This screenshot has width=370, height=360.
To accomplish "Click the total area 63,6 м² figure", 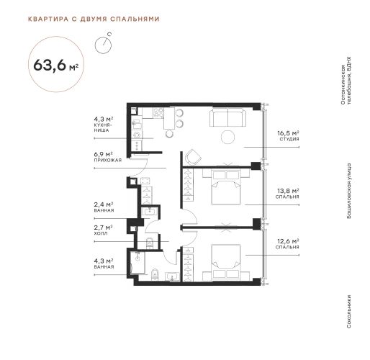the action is [x=56, y=65].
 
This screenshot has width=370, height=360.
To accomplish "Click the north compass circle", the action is [x=103, y=45].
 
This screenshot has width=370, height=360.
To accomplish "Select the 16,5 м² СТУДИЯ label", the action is [x=288, y=135].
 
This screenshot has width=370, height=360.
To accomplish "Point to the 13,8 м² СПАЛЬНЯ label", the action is [x=288, y=194].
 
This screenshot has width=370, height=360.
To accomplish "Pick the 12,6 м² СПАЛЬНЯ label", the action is [x=287, y=243].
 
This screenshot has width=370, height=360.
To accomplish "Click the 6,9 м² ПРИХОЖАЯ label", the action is [x=108, y=157].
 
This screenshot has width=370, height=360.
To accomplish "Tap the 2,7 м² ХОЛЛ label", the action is [x=104, y=230].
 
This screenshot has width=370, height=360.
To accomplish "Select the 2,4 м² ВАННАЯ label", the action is [x=104, y=207].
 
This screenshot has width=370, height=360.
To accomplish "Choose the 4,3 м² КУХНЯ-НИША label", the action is [x=104, y=125].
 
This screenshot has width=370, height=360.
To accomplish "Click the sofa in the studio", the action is [x=228, y=117].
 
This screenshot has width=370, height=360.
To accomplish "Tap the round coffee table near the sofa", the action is [x=227, y=138].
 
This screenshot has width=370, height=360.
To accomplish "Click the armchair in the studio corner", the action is [x=194, y=157].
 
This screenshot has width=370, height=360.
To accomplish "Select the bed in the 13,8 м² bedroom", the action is [x=226, y=187].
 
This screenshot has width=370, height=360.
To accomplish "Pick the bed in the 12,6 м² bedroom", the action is [x=226, y=262].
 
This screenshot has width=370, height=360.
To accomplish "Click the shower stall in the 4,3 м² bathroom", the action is [x=137, y=262].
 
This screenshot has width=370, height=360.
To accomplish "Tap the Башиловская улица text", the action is [x=349, y=191].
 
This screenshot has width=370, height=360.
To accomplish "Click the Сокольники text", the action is [x=349, y=311].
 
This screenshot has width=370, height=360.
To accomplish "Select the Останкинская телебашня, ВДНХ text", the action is [x=346, y=81].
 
